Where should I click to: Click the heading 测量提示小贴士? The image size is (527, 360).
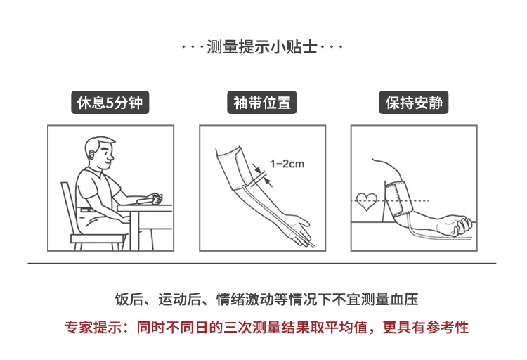[x=262, y=46]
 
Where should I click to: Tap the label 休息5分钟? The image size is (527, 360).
[x=110, y=103]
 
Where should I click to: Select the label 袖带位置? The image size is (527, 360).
[x=262, y=103]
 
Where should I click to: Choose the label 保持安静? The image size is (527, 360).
[x=414, y=103]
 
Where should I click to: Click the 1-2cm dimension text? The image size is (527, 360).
[x=287, y=164]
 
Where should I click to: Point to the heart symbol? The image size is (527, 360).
[x=367, y=201]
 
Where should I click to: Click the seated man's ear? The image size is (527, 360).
[x=92, y=155]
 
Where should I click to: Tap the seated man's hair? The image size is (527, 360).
[x=98, y=143]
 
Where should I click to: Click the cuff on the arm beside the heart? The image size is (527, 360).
[x=398, y=199]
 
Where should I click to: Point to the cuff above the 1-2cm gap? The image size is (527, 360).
[x=237, y=169]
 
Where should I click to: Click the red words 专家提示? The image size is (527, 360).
[x=93, y=328]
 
